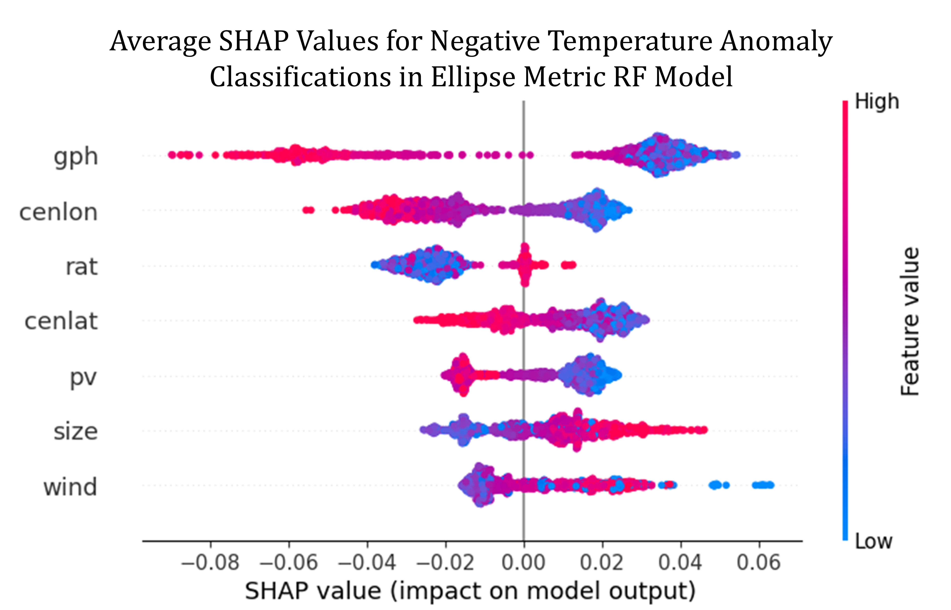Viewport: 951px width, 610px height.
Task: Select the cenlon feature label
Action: pos(58,212)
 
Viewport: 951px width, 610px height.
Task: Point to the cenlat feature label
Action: pos(61,321)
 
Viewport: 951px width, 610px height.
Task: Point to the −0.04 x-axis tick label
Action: pos(367,563)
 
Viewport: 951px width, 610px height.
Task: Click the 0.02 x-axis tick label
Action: pos(602,563)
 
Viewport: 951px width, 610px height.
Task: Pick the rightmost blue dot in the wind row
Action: pos(770,485)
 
